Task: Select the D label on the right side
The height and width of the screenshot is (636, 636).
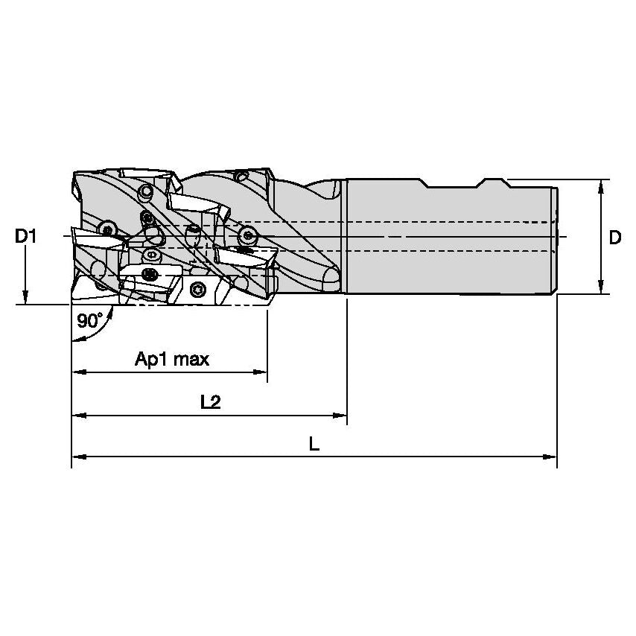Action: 614,238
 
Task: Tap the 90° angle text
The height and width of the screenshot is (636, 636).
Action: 89,321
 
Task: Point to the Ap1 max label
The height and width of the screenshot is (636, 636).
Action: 171,360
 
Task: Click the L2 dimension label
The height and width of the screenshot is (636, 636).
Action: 211,402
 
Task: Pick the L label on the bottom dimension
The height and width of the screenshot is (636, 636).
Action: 314,445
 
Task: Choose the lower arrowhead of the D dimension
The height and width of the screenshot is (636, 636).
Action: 600,287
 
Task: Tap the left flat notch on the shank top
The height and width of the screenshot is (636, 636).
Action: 436,182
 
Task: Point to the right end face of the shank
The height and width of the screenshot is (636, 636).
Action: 556,237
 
